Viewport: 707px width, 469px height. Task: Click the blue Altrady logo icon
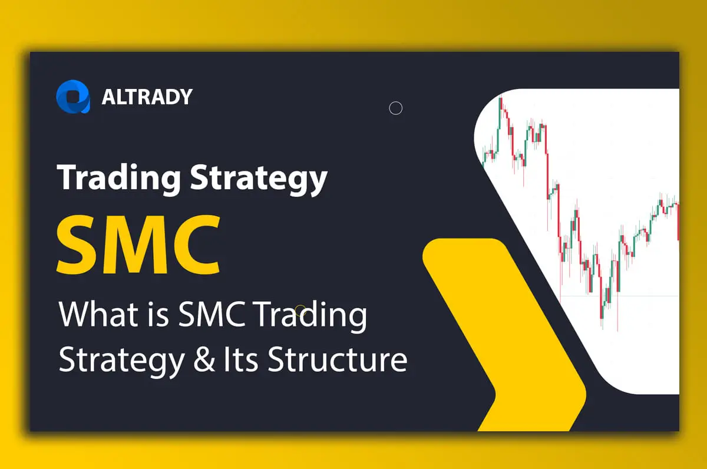(x=73, y=96)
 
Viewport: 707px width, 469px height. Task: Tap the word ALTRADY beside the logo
(x=147, y=97)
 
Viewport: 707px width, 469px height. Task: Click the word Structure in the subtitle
(x=337, y=359)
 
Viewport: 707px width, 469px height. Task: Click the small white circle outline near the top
(x=396, y=108)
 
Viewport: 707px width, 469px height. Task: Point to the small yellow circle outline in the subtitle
(x=300, y=311)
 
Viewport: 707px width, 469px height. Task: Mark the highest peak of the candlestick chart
(x=500, y=98)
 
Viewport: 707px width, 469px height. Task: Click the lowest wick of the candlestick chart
(x=617, y=330)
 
